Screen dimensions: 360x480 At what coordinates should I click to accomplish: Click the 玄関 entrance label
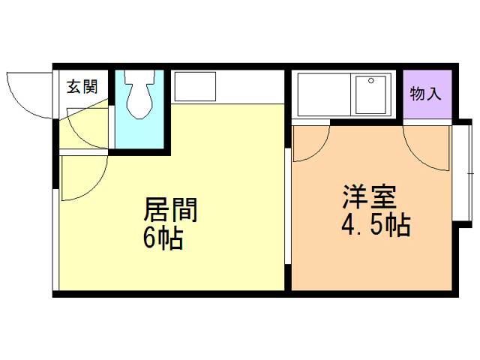pos(82,86)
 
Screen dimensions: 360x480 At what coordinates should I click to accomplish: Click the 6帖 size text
pos(163,239)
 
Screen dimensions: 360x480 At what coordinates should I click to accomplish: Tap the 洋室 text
pos(370,196)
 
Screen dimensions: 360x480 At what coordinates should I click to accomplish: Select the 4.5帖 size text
pos(374,225)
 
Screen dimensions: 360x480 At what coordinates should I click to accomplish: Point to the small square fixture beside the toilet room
pos(195,85)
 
